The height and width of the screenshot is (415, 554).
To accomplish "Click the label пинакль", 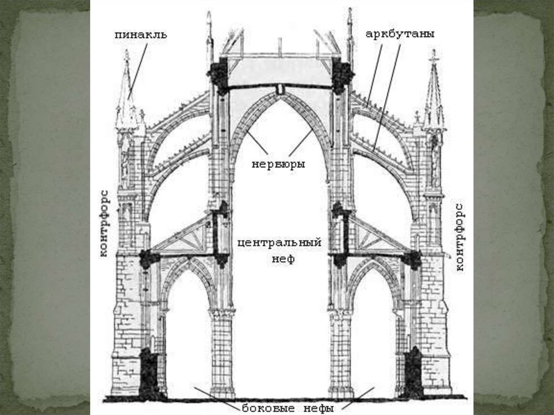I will click(x=141, y=35).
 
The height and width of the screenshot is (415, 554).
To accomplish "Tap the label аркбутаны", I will click(x=400, y=34).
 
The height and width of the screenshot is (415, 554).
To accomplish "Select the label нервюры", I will click(x=278, y=162).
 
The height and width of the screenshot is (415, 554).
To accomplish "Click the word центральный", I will click(x=279, y=242).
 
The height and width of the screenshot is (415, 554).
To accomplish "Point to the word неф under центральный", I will click(x=282, y=259).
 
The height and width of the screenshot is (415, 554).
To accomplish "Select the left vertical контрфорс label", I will click(x=105, y=223).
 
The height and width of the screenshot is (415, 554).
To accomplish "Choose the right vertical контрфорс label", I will click(x=460, y=236).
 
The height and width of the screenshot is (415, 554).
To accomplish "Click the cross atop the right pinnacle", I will click(x=433, y=54).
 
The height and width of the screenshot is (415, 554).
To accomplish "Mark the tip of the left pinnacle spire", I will click(x=127, y=52).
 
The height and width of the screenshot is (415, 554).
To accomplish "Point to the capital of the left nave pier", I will click(x=222, y=313).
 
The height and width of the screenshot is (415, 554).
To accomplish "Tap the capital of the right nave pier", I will click(x=340, y=313).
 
